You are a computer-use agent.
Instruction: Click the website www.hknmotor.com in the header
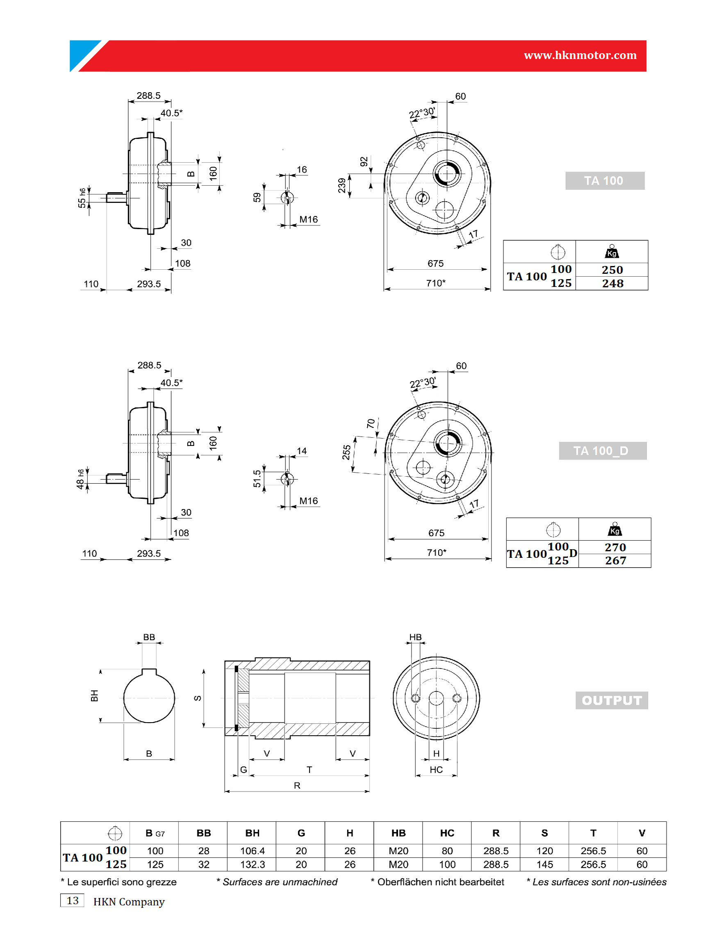tap(580, 55)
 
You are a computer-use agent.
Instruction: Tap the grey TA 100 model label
tap(605, 180)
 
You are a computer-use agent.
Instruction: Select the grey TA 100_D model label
tap(603, 450)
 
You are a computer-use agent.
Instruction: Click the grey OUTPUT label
tap(612, 700)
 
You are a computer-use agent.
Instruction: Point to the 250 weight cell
tap(612, 270)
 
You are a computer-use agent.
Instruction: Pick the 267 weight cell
tap(615, 561)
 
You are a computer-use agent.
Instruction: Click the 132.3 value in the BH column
tap(252, 864)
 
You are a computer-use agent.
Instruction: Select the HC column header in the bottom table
tap(447, 833)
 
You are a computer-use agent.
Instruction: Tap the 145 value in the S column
tap(544, 864)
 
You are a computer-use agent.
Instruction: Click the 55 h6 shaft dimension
tap(82, 198)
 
